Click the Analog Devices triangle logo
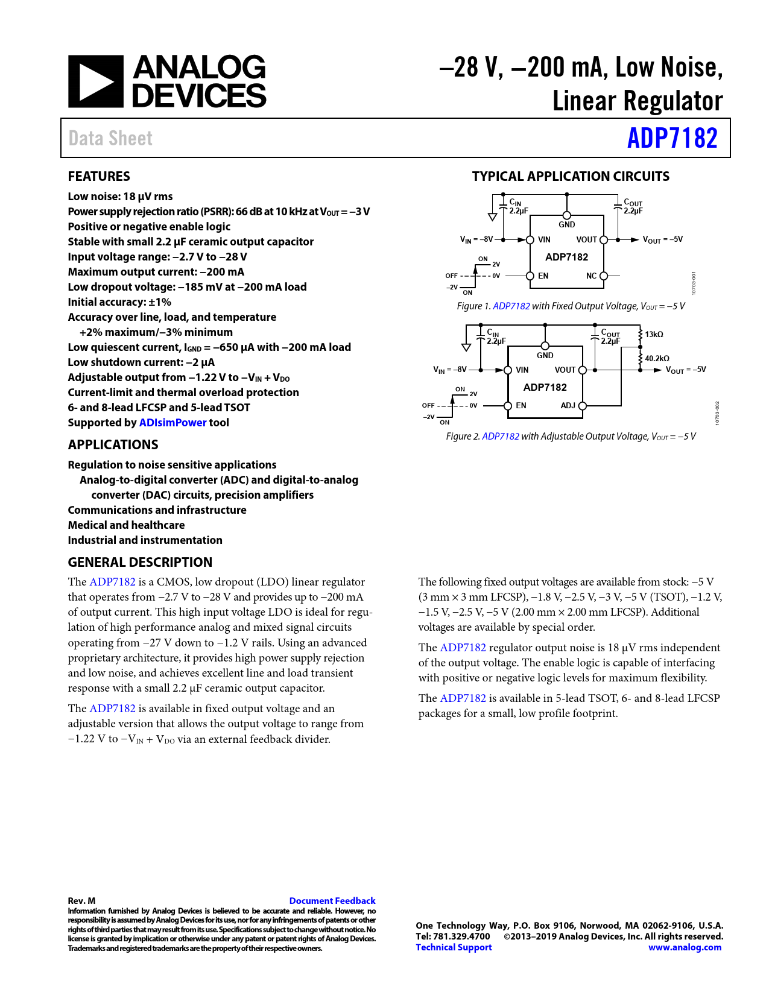95,82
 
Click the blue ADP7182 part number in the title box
672,138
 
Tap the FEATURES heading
99,177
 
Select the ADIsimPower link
172,423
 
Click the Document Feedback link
332,901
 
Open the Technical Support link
454,947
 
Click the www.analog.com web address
685,947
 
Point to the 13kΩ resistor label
654,335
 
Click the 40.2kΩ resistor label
657,359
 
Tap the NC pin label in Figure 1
591,276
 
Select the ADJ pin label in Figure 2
568,406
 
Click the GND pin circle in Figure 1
567,216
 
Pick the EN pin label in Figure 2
521,406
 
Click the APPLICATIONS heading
113,445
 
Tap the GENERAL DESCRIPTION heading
140,563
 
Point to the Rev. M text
81,901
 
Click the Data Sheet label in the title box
110,139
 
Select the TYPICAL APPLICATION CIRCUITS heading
571,177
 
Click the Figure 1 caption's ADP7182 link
511,306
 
